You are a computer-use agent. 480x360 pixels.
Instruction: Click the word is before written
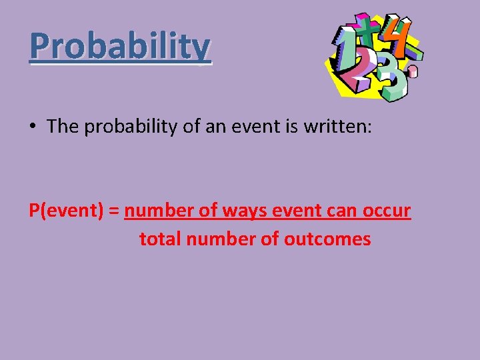pos(288,127)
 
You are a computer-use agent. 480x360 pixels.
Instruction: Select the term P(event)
pos(64,211)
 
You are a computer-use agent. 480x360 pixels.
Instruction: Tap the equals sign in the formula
pos(113,211)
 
